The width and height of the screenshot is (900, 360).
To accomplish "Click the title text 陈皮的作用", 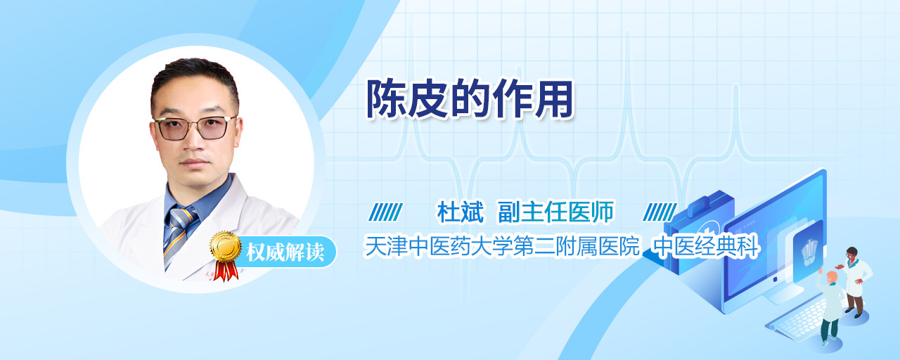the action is (x=469, y=99).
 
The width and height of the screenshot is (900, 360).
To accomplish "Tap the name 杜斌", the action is (x=461, y=212).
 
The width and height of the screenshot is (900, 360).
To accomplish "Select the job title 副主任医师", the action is (x=556, y=212).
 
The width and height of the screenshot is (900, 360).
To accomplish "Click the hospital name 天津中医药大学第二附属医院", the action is (x=502, y=246).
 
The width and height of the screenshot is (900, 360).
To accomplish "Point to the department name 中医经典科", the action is (x=705, y=246).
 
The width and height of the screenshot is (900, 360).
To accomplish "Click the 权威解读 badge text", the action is (x=285, y=252).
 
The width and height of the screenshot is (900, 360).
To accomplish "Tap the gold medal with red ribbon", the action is (x=226, y=255).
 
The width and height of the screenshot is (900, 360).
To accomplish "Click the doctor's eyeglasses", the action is (x=195, y=128).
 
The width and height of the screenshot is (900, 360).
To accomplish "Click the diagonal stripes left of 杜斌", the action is (x=385, y=212).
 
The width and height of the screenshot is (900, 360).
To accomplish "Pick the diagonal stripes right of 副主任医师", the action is (x=660, y=212).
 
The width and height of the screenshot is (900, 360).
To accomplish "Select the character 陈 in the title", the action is (x=385, y=99).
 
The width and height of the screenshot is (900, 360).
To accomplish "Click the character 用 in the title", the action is (x=553, y=99).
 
